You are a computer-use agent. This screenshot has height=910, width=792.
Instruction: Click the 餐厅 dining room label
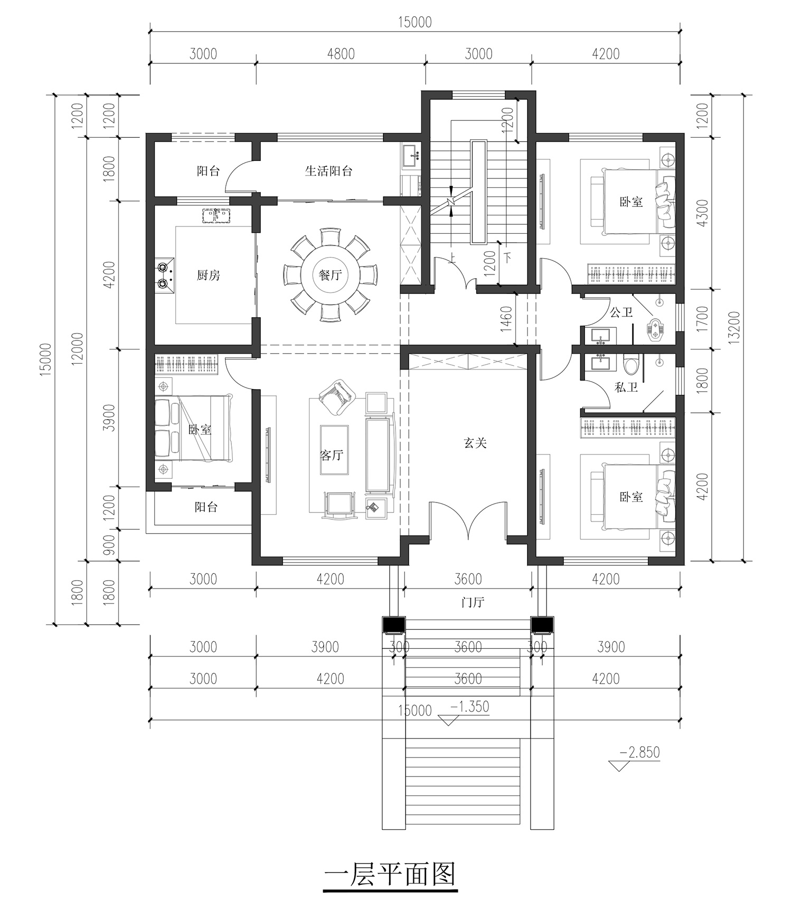330,275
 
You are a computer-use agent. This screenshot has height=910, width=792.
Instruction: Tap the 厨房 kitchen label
208,275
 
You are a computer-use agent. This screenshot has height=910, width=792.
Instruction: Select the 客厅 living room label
332,454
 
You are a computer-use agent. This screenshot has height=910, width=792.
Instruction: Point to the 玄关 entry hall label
475,443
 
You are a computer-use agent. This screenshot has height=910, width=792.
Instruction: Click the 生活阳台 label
328,170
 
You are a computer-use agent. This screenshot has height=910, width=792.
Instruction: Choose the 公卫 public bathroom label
621,312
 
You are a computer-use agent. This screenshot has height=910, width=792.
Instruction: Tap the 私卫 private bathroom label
626,387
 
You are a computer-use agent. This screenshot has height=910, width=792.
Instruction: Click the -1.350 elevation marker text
469,706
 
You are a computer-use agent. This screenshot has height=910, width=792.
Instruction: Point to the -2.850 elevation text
640,752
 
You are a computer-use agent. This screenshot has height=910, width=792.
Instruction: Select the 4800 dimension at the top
341,54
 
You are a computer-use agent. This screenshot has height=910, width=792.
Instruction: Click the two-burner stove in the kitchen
165,275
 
